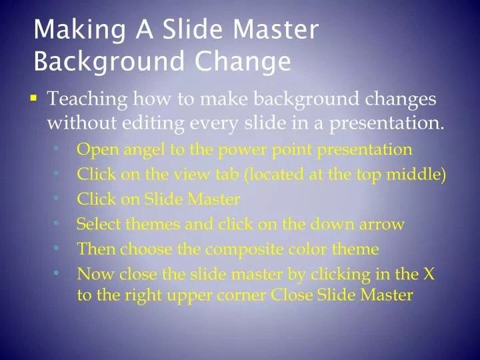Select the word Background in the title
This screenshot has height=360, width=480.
pos(111,61)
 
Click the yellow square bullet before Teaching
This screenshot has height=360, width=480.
pos(34,99)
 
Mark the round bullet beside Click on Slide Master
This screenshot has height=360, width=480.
pos(59,199)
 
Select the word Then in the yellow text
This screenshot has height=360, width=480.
pos(94,249)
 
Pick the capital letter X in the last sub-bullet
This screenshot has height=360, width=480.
pos(429,274)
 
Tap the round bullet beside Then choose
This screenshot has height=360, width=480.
pos(59,249)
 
